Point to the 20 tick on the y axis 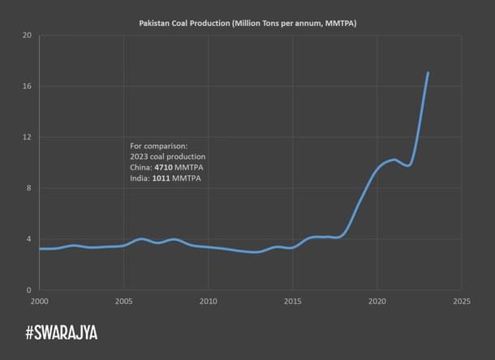27,36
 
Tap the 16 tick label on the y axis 27,86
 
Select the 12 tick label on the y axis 27,137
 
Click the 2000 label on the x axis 39,300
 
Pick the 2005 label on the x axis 123,300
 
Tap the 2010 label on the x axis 209,300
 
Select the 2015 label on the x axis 293,300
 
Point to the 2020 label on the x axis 377,300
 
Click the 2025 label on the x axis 461,300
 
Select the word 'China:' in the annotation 141,167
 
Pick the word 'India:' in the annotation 140,178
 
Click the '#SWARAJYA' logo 61,332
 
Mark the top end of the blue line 428,73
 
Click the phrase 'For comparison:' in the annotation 159,145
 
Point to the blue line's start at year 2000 40,248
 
